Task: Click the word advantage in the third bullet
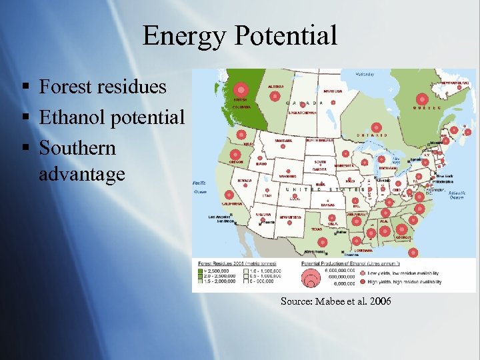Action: coord(82,175)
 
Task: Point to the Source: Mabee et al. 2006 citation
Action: coord(336,301)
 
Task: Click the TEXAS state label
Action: coord(316,229)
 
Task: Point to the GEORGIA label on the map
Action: coord(402,237)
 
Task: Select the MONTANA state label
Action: coord(283,141)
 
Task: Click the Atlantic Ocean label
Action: coord(456,195)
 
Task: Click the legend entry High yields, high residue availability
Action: coord(407,282)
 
